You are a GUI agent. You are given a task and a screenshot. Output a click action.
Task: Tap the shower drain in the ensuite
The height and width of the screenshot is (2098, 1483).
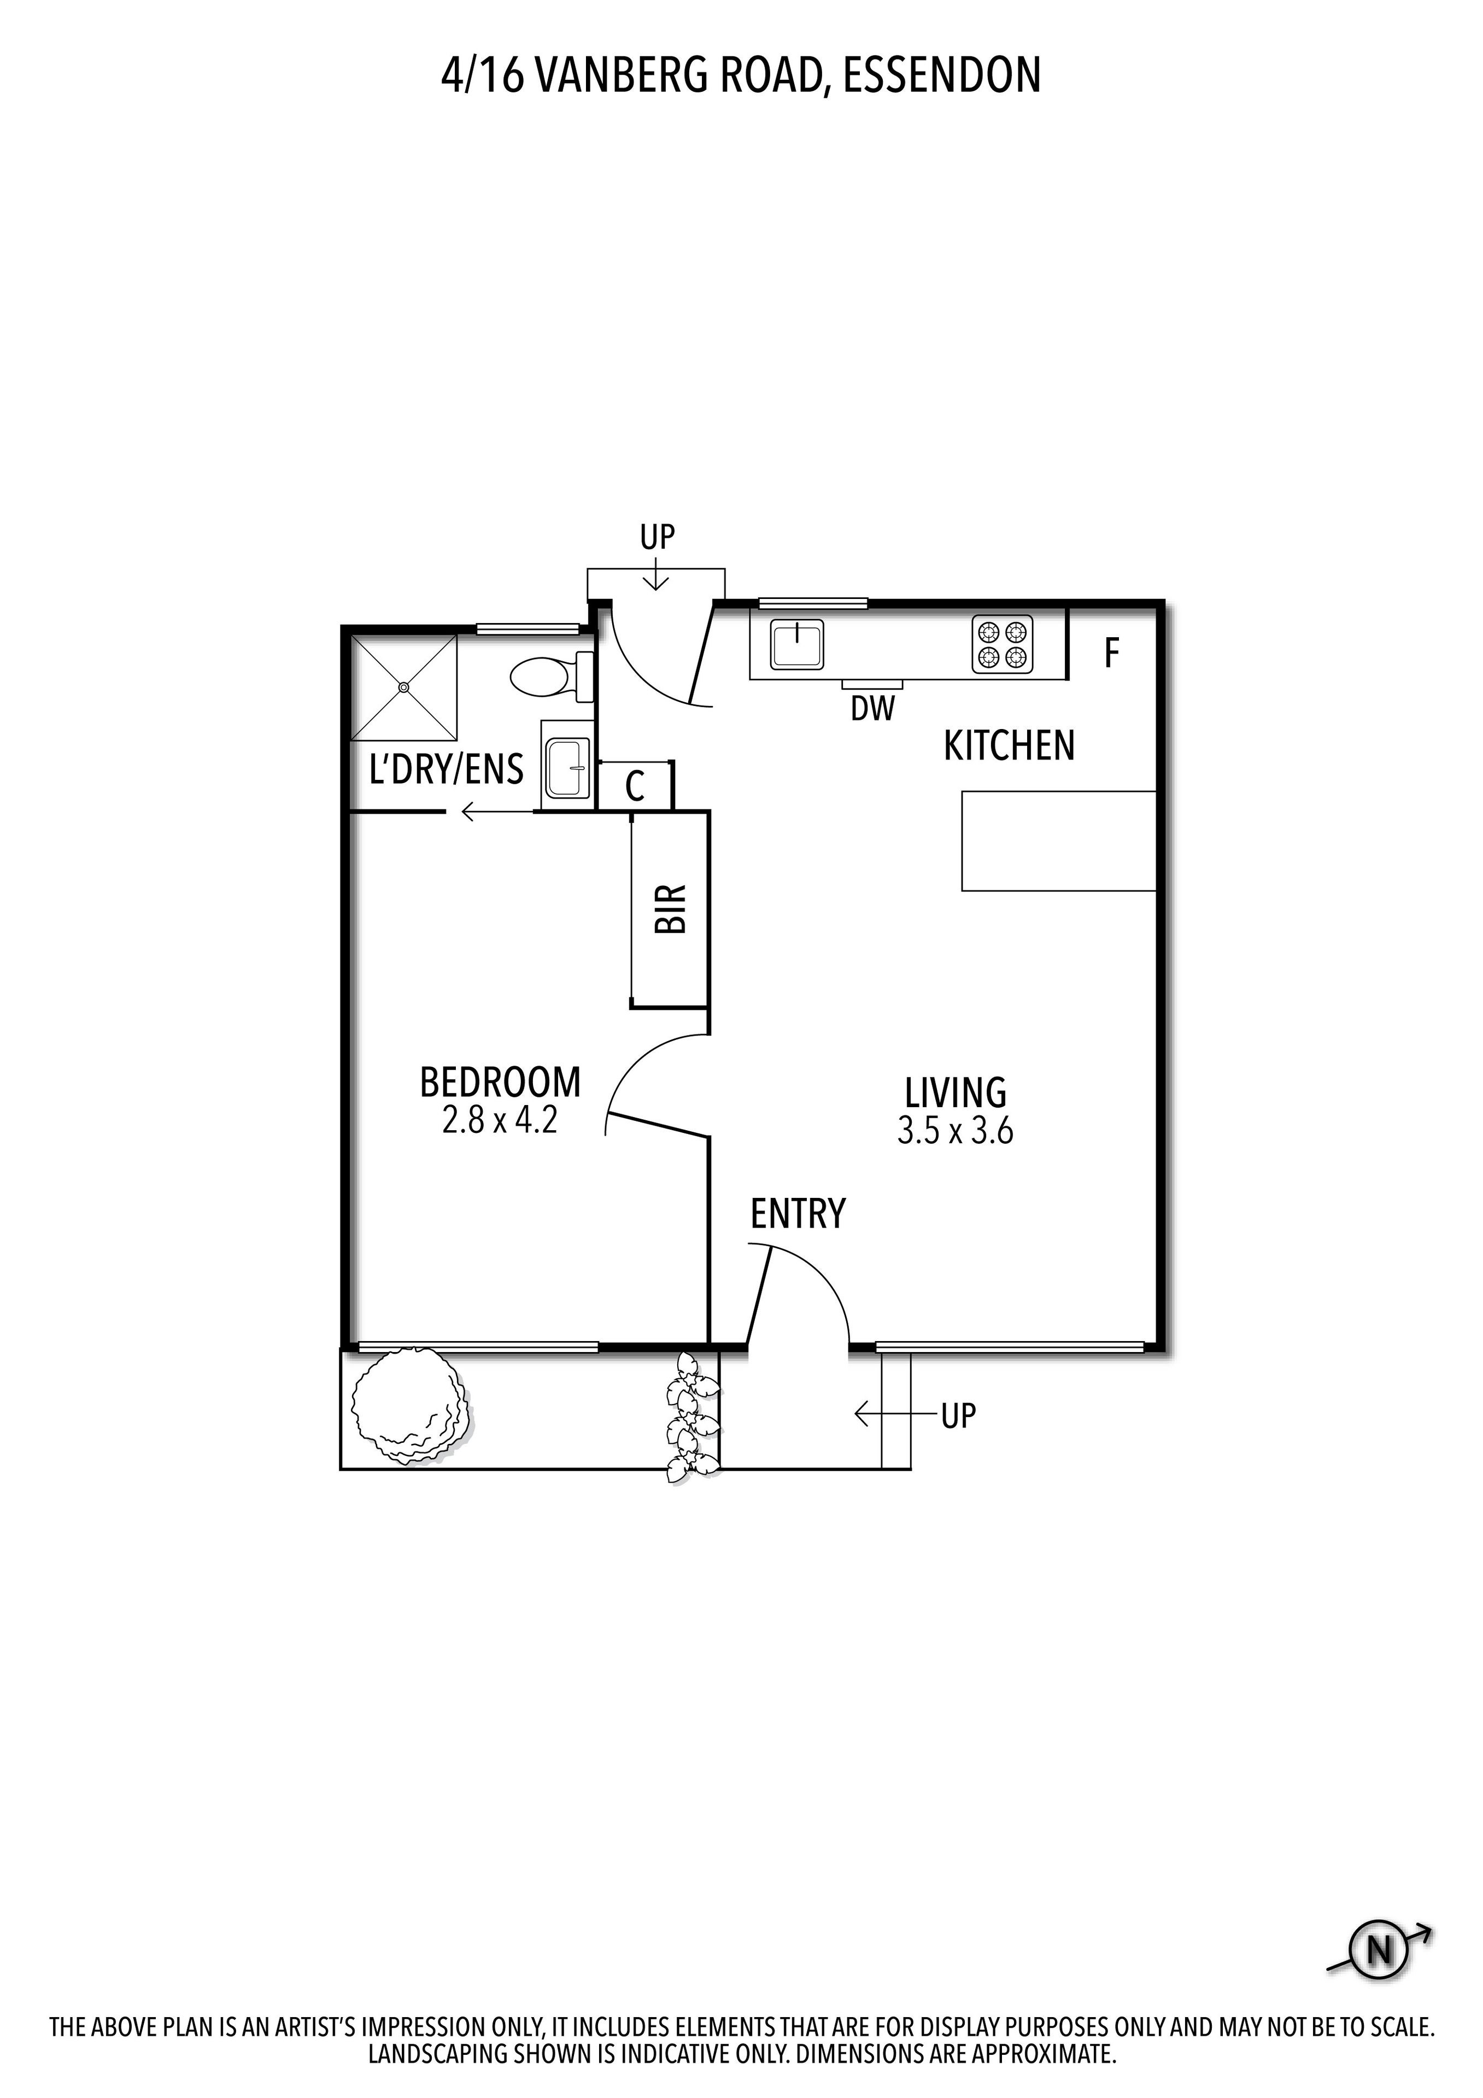click(404, 687)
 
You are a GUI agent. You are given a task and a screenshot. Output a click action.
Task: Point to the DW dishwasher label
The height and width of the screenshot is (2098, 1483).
click(872, 708)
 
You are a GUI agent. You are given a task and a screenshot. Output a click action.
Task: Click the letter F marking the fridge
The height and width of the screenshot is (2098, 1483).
click(1111, 653)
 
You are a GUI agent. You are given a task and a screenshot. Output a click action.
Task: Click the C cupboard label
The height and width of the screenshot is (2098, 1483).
click(635, 786)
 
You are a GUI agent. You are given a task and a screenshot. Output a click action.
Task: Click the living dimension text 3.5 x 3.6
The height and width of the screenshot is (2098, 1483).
click(956, 1132)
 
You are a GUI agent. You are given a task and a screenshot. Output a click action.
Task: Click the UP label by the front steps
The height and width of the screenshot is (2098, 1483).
click(959, 1417)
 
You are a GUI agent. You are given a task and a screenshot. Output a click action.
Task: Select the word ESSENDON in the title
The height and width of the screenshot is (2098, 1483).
click(942, 76)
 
